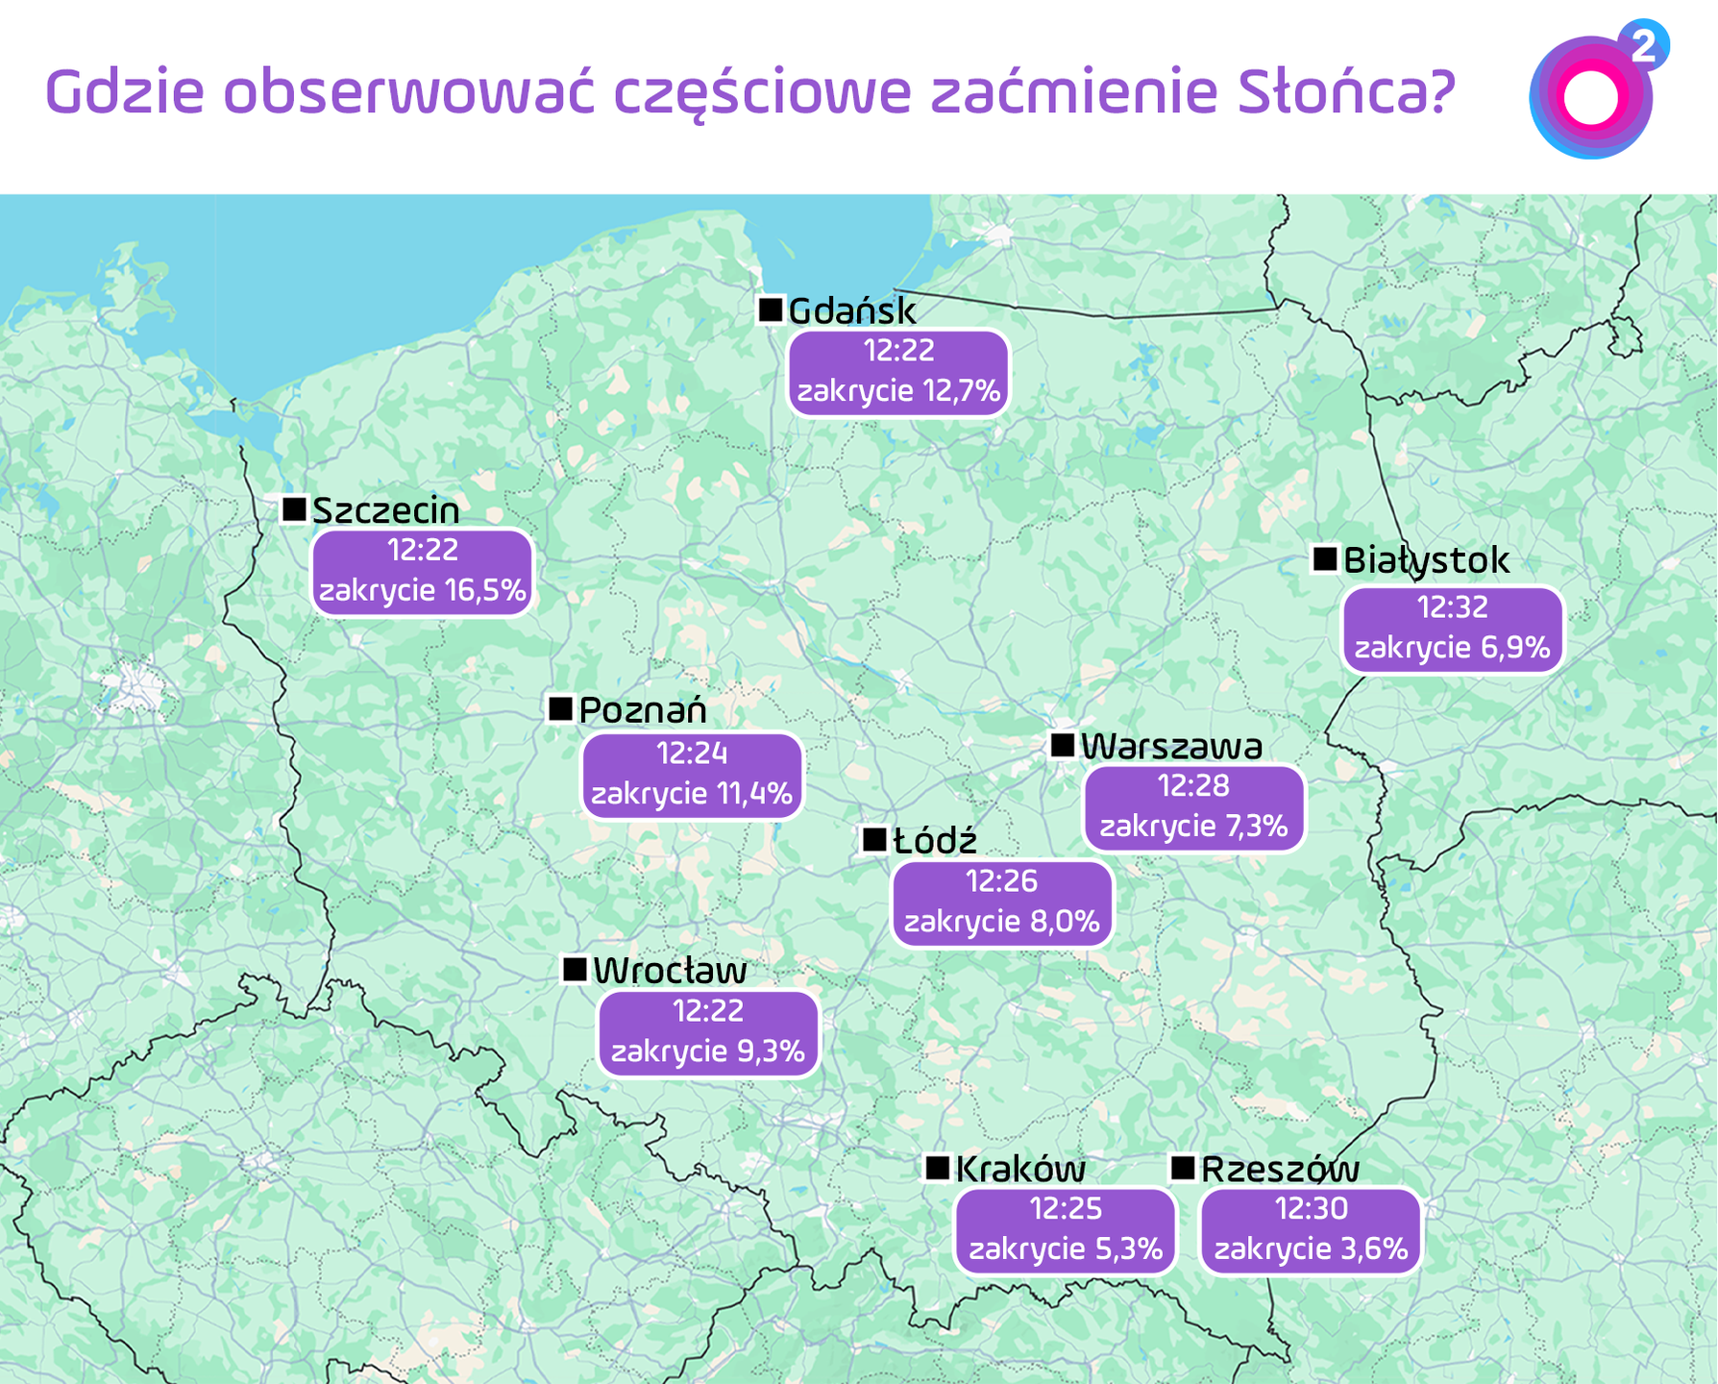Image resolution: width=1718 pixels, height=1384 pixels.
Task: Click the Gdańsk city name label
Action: [851, 310]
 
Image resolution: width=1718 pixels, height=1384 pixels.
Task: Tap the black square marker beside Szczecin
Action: [294, 508]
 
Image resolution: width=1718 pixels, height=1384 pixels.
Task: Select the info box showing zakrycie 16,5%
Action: [423, 571]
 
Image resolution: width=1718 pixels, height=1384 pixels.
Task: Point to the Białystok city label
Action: [1426, 559]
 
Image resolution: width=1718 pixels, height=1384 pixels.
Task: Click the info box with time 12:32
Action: [1452, 629]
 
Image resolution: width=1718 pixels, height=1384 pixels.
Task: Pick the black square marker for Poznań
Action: [560, 709]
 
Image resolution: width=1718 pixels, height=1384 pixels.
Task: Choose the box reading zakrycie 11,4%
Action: [692, 775]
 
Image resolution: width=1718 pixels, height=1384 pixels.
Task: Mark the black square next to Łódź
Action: [874, 839]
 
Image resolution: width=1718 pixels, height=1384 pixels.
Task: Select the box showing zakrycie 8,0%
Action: [1002, 902]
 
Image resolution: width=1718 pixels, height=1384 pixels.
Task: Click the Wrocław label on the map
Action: [670, 971]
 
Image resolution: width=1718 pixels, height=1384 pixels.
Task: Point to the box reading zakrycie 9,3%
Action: [708, 1032]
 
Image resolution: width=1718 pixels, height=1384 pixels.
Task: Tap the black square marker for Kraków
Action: [938, 1168]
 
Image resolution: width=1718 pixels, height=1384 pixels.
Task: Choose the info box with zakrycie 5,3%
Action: [1066, 1230]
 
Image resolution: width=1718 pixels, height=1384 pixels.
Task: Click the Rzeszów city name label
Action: [1280, 1169]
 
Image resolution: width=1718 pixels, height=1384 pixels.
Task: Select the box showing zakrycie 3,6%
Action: [1311, 1230]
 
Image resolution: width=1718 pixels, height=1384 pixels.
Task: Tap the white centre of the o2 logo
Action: [1590, 98]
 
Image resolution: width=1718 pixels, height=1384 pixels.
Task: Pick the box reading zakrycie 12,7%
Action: [898, 372]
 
